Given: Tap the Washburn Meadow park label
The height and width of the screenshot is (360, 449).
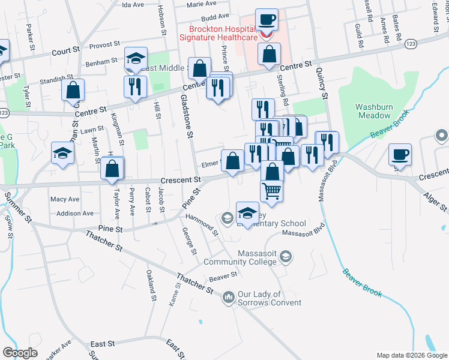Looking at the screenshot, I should [373, 112].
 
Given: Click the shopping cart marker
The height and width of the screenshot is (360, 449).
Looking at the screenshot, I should [272, 191].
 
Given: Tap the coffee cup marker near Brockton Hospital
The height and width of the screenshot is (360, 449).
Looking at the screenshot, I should [267, 19].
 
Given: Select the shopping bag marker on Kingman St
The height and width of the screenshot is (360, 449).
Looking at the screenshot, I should [73, 91].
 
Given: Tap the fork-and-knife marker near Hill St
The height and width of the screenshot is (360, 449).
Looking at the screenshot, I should [136, 86].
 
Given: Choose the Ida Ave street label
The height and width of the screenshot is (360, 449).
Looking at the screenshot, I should [133, 4].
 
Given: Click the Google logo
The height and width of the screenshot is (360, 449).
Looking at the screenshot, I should [19, 353].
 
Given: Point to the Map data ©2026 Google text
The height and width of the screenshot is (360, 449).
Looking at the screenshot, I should [411, 355].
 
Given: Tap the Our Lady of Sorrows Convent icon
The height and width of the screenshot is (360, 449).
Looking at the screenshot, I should [228, 297].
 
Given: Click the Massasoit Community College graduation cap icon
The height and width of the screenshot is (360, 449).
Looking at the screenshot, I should [286, 257].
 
